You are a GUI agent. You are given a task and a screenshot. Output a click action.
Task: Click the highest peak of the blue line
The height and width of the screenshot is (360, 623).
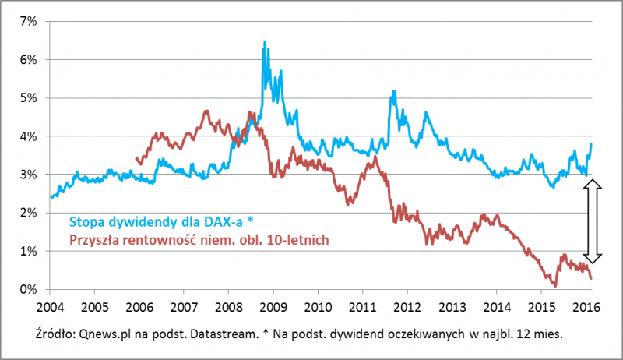tap(265, 42)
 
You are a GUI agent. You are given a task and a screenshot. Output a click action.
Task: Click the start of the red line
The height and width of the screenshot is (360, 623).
tap(136, 158)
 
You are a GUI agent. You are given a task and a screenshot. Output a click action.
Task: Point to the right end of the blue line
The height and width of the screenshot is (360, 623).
tap(591, 143)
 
